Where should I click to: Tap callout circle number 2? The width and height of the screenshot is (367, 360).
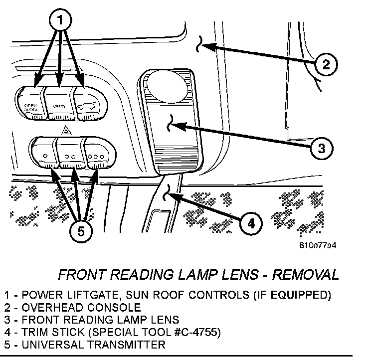(x=325, y=64)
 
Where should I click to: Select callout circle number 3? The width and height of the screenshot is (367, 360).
(x=322, y=148)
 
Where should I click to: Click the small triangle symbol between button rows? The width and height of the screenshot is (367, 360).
(x=66, y=130)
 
